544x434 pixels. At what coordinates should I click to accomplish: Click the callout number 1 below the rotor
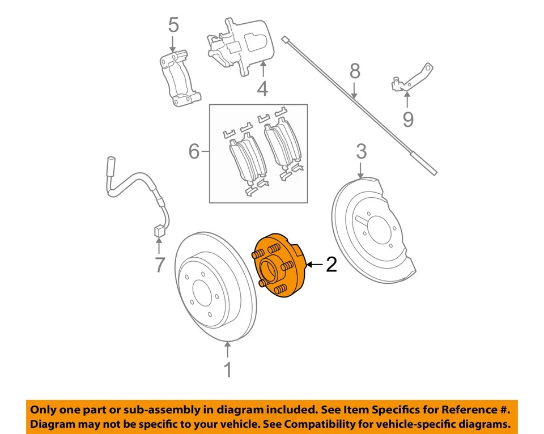click(x=227, y=369)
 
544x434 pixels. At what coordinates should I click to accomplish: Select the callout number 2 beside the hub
click(x=331, y=265)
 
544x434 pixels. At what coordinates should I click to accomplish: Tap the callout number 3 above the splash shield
click(x=362, y=151)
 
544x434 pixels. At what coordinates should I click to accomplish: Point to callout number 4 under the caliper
click(x=262, y=88)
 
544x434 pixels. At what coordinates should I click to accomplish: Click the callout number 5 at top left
click(x=173, y=25)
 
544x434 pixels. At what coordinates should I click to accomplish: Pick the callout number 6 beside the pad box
click(x=194, y=151)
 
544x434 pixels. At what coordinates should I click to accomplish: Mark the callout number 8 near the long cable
click(x=355, y=71)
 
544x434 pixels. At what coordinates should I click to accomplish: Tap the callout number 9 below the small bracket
click(x=408, y=119)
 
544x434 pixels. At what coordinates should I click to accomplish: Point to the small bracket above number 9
click(x=413, y=79)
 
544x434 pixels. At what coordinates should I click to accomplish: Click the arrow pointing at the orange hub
click(x=315, y=265)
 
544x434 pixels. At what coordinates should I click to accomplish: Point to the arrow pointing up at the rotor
click(x=227, y=349)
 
